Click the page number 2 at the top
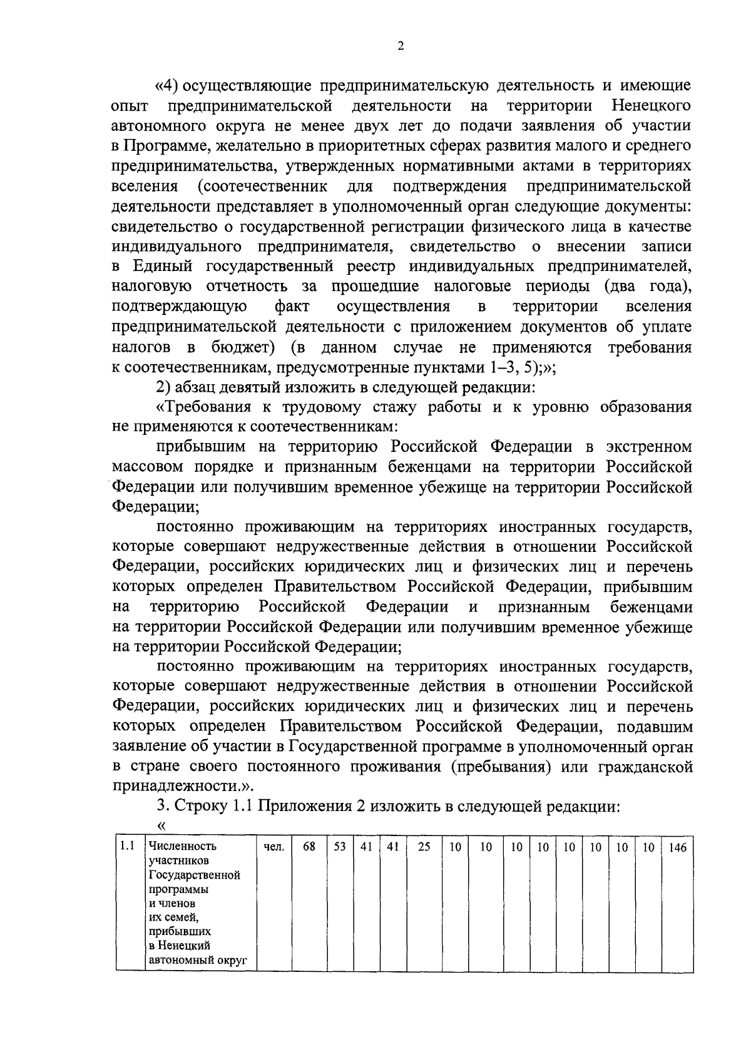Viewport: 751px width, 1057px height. [401, 46]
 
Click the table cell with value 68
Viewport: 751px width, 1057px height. [309, 847]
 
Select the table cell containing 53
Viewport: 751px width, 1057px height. [340, 847]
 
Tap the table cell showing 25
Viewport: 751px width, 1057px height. [424, 847]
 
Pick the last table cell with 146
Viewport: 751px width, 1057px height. [678, 847]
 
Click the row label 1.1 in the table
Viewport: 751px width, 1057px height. [128, 846]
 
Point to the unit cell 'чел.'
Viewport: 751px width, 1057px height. [273, 847]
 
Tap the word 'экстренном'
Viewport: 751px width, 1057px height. [648, 447]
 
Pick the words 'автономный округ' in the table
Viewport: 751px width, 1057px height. [195, 959]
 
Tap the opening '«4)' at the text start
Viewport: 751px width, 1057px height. [167, 84]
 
